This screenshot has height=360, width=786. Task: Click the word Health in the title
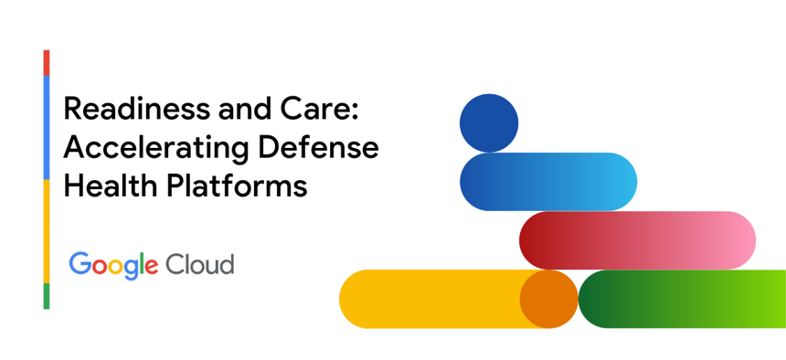(x=111, y=186)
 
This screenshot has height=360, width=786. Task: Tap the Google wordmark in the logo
(x=114, y=265)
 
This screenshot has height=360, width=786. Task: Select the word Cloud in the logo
(x=200, y=264)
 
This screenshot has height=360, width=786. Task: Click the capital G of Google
(x=79, y=263)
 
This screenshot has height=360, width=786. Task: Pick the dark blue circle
(x=489, y=122)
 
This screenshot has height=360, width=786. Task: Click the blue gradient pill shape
(x=548, y=182)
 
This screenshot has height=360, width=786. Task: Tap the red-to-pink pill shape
(x=638, y=240)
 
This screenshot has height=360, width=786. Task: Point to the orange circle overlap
(x=549, y=299)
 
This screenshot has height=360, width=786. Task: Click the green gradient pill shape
(x=682, y=299)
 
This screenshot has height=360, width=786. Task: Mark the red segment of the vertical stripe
(x=47, y=63)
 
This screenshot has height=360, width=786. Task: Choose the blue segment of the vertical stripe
(x=47, y=127)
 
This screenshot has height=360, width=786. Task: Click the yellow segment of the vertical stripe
(x=47, y=231)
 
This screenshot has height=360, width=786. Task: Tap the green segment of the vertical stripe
(x=47, y=296)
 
